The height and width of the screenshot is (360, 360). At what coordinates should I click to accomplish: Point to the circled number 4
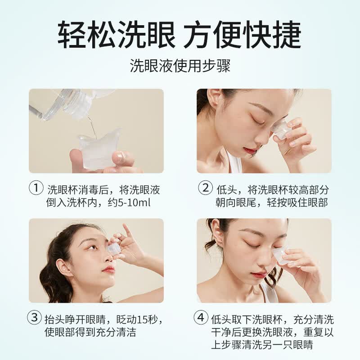coord(201,319)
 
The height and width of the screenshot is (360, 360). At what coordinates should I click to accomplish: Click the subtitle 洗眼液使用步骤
coord(180,66)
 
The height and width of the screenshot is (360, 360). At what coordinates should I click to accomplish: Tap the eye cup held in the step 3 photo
coord(114,249)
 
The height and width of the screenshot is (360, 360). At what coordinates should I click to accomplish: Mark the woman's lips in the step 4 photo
coord(259,275)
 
